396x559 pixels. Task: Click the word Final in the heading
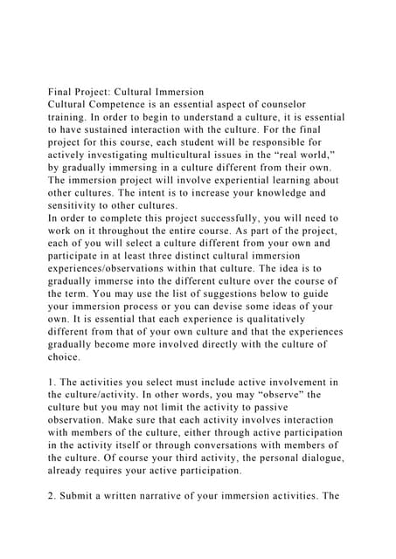point(62,92)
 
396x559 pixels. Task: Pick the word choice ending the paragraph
point(66,357)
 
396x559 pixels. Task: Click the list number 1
point(52,383)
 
